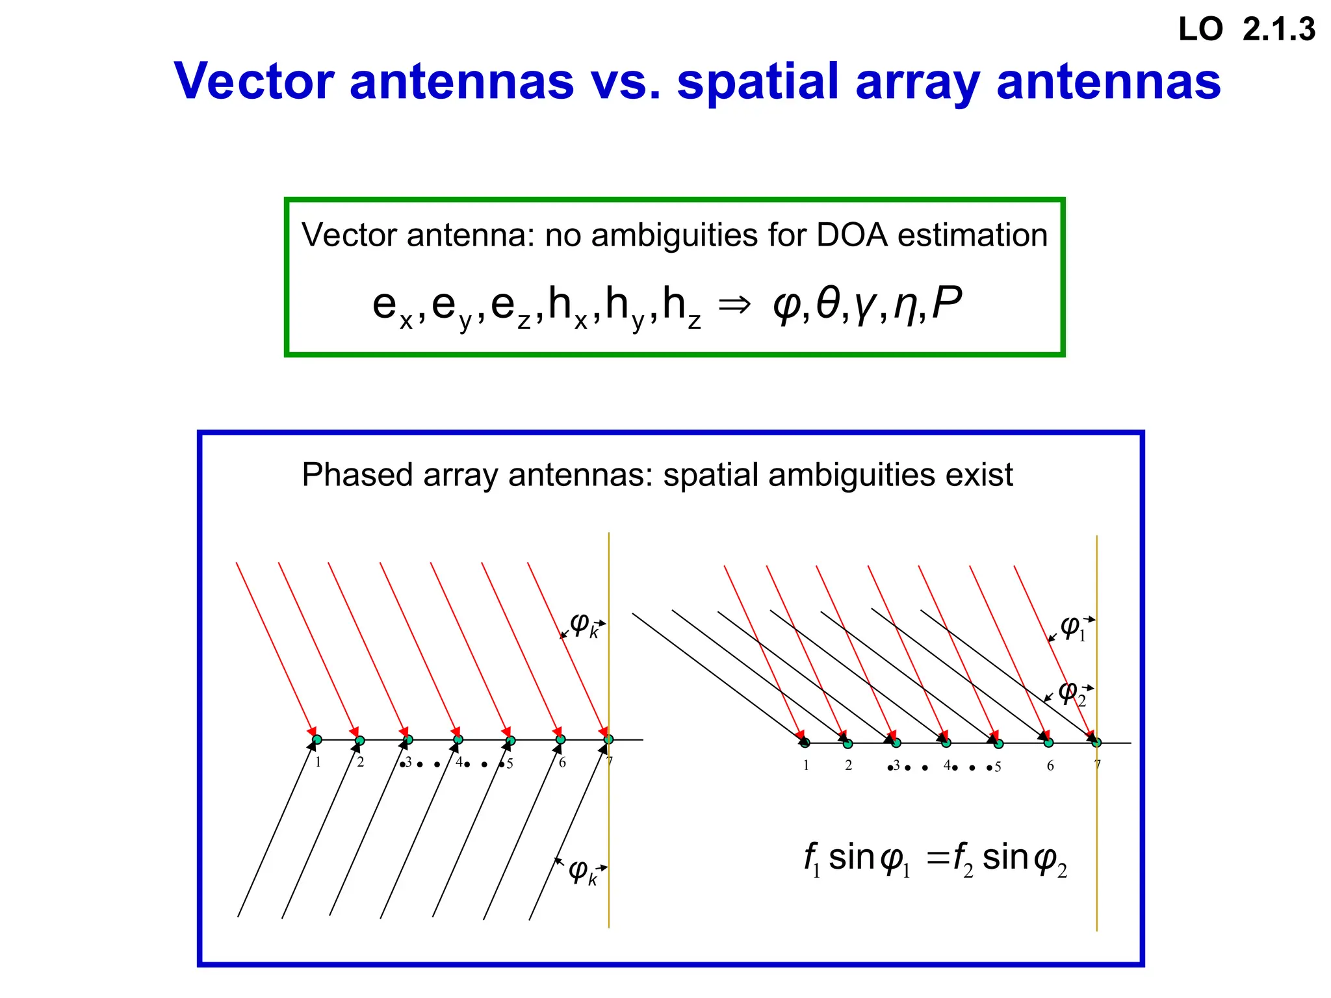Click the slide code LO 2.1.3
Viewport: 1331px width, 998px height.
[x=1247, y=30]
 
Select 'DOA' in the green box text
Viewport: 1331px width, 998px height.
[x=852, y=235]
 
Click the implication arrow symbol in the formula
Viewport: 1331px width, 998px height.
[x=735, y=304]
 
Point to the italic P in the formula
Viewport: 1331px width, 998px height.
[x=946, y=303]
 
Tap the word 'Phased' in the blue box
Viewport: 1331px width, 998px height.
[x=357, y=475]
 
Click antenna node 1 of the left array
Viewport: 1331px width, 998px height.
[x=317, y=739]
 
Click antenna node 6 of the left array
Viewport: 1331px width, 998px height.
[x=560, y=739]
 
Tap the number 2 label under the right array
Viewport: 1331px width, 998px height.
[x=848, y=765]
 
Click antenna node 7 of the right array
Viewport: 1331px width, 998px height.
[x=1096, y=743]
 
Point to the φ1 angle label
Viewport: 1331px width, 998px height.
[x=1072, y=628]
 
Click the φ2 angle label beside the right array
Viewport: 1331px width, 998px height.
[x=1071, y=694]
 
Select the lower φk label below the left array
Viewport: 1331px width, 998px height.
[x=582, y=871]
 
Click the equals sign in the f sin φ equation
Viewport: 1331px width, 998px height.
[x=938, y=860]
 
